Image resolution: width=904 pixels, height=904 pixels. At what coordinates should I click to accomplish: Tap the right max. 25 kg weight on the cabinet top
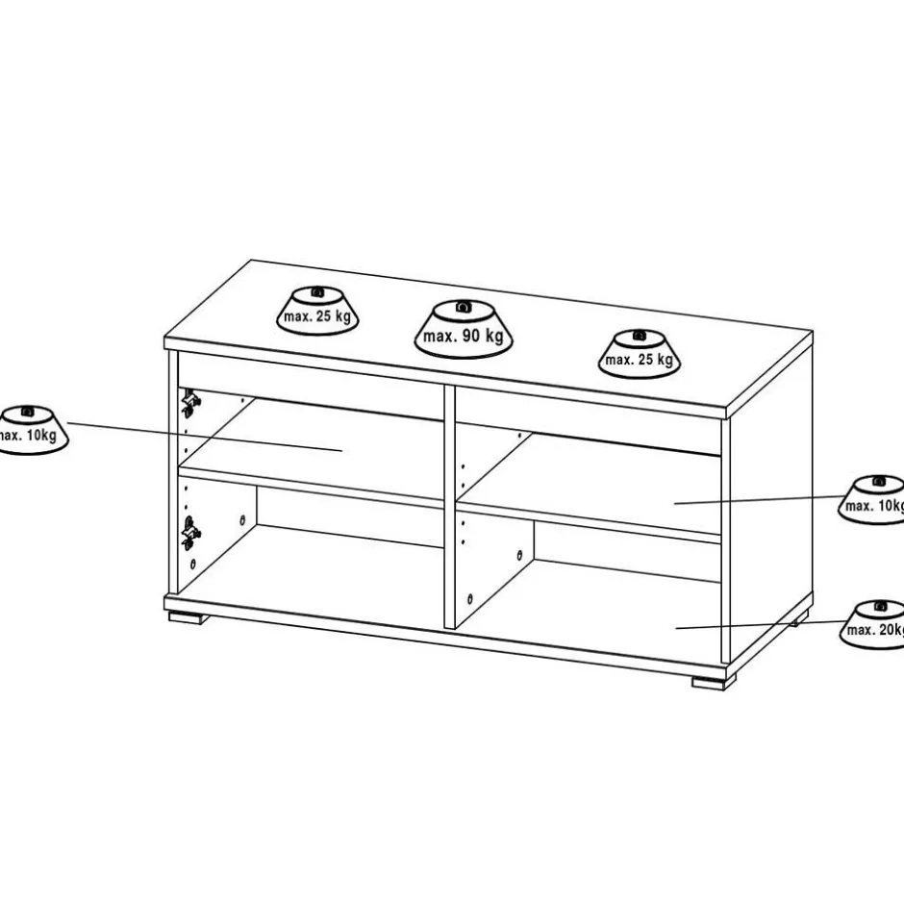(x=640, y=353)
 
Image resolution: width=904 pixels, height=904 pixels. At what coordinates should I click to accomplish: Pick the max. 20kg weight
(x=875, y=624)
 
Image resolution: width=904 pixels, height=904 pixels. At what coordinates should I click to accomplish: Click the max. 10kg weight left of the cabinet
(x=29, y=429)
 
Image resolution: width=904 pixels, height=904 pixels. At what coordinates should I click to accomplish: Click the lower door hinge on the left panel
(x=189, y=529)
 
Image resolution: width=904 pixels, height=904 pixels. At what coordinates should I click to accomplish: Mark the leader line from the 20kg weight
(x=760, y=624)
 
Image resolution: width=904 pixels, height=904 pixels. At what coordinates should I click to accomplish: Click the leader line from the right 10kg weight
(x=760, y=499)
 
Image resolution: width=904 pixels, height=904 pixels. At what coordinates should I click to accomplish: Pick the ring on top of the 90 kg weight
(x=463, y=307)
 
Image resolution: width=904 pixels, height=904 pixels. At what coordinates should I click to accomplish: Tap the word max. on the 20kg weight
(x=860, y=631)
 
